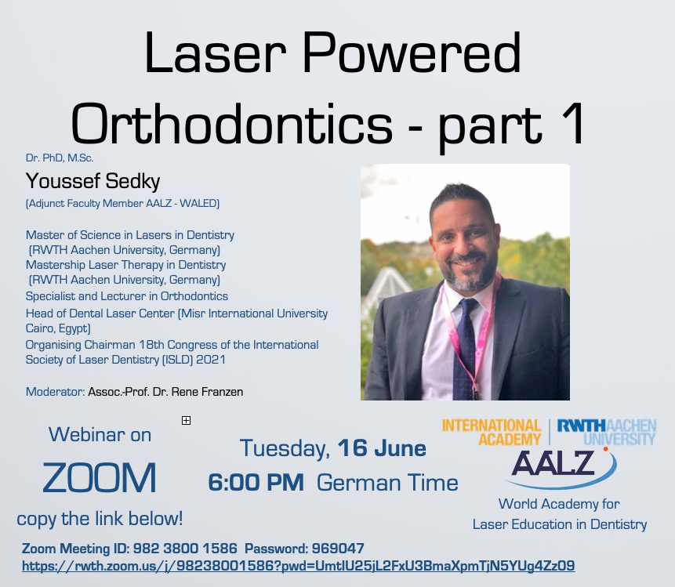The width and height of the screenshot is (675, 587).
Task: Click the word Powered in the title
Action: [x=412, y=53]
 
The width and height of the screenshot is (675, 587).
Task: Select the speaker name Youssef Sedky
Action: [x=93, y=181]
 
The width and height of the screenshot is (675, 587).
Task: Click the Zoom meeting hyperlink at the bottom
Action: [x=299, y=566]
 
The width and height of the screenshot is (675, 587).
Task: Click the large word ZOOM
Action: [x=100, y=478]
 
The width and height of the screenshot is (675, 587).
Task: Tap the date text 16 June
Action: [x=382, y=448]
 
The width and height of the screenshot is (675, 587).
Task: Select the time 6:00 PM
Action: [x=256, y=483]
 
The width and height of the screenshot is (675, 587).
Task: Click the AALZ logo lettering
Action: [x=553, y=463]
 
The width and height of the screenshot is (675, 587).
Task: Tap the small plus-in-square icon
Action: [x=186, y=420]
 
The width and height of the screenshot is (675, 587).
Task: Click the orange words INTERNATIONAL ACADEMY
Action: [x=492, y=432]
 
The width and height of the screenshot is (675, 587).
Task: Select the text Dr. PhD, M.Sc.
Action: [x=60, y=158]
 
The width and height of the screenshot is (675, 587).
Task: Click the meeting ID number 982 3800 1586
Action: [x=185, y=549]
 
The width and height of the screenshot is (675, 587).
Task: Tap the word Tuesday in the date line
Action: [x=285, y=448]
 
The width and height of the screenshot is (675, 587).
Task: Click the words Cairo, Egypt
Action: [x=58, y=328]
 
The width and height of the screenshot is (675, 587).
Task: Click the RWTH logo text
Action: [x=582, y=426]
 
